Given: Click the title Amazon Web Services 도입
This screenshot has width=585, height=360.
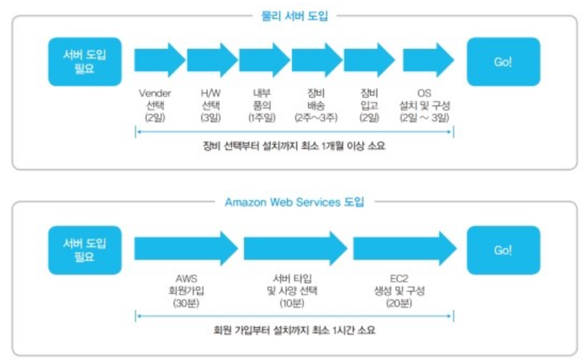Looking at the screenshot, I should [294, 202].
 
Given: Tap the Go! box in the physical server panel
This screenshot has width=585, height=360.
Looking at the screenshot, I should [502, 62].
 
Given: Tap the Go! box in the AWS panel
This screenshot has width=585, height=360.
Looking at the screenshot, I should [502, 250].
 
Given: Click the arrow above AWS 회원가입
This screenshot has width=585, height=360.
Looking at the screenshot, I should [186, 249].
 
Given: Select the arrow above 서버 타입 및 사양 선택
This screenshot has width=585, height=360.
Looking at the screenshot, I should [295, 249].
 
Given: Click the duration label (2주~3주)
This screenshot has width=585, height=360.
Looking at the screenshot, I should [316, 117].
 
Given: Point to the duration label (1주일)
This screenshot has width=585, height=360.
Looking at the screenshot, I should [262, 117].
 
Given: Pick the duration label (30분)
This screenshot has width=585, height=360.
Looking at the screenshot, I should [186, 303].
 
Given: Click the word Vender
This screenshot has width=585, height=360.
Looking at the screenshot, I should [155, 94].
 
